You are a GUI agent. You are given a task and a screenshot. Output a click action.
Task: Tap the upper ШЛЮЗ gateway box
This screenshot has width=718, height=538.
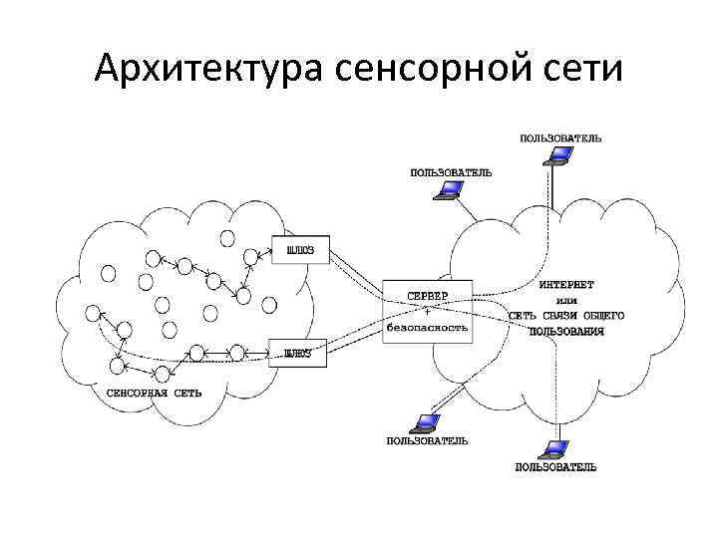click(x=300, y=249)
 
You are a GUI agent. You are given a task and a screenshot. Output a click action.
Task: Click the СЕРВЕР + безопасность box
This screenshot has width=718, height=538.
click(x=428, y=312)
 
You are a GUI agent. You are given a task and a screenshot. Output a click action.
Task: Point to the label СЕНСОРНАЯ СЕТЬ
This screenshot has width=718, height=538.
click(x=155, y=393)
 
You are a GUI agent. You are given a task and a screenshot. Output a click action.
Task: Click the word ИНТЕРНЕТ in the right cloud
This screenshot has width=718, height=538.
click(x=567, y=283)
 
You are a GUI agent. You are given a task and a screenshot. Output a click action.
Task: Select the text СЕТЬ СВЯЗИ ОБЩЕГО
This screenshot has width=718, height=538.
click(x=565, y=315)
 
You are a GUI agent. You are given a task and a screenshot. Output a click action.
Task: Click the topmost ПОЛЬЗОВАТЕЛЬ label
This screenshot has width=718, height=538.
click(x=560, y=137)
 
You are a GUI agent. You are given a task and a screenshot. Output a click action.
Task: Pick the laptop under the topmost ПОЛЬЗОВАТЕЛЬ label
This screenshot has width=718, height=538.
click(x=560, y=155)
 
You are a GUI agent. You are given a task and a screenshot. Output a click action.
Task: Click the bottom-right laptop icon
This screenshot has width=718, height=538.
click(x=555, y=448)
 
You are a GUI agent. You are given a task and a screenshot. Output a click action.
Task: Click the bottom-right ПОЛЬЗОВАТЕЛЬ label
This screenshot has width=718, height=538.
click(x=555, y=466)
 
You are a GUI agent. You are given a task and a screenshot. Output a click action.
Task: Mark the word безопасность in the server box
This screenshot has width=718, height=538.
click(x=428, y=327)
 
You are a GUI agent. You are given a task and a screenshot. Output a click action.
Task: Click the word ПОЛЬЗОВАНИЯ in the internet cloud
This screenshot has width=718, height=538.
click(x=566, y=330)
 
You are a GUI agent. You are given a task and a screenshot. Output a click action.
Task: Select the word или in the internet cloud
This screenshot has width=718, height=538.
click(x=566, y=299)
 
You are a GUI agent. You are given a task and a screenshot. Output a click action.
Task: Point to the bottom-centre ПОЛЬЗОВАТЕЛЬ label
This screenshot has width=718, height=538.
click(x=427, y=440)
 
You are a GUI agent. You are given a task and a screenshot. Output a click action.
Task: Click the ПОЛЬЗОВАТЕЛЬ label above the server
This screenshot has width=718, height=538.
click(x=451, y=172)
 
